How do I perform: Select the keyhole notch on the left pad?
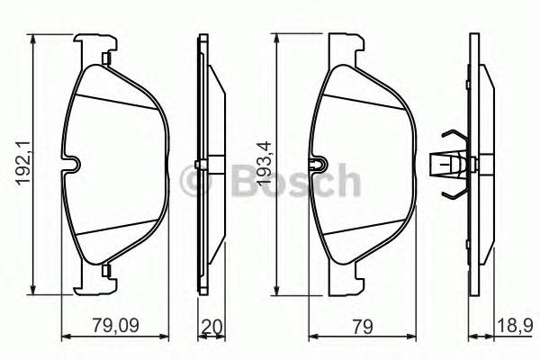[72, 164]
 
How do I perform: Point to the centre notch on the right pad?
[316, 165]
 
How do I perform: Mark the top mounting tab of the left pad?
[98, 45]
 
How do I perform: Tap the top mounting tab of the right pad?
[346, 45]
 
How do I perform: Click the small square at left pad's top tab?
[106, 59]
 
